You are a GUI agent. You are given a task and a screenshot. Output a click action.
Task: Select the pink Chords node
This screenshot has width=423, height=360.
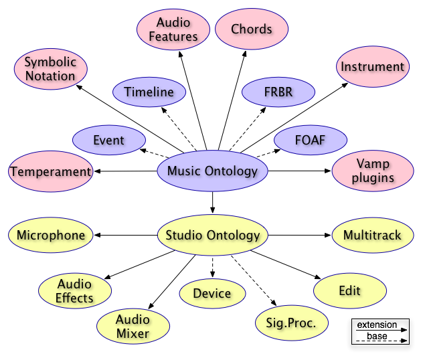click(x=252, y=29)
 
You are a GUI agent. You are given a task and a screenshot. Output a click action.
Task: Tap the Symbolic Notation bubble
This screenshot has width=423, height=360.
click(x=50, y=69)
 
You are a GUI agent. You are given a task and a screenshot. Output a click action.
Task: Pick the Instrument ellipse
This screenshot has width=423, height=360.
click(x=372, y=67)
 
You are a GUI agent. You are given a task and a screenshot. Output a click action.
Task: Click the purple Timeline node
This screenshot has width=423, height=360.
click(x=149, y=92)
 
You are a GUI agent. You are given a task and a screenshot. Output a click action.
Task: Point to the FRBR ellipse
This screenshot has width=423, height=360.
click(x=277, y=92)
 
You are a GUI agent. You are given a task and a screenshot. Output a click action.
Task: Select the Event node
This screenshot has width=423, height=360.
click(x=108, y=141)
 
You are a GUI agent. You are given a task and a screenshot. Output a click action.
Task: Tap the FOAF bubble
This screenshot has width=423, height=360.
click(x=310, y=141)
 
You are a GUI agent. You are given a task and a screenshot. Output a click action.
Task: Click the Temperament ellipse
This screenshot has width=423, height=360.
click(x=50, y=171)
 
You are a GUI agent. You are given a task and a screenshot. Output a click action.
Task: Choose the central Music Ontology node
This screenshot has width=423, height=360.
click(x=212, y=171)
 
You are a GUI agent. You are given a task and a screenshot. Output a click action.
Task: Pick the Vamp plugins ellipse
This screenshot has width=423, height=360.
click(x=372, y=171)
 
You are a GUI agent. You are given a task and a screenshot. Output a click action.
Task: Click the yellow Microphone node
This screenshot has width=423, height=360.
click(x=50, y=235)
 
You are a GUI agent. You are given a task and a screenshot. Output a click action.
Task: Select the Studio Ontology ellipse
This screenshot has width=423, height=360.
click(x=212, y=235)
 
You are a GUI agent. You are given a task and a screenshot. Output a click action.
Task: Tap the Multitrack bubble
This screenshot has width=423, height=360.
click(x=372, y=235)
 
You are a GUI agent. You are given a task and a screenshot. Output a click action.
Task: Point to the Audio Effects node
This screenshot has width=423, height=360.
click(x=74, y=291)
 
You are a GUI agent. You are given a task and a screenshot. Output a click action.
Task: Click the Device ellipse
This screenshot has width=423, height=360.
click(x=212, y=293)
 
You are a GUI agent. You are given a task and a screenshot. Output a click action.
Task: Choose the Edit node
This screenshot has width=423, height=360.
click(x=349, y=291)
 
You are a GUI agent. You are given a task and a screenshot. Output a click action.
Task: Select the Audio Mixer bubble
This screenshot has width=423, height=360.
click(x=133, y=326)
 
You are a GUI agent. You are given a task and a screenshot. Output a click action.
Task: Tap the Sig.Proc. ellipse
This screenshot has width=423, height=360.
click(x=292, y=324)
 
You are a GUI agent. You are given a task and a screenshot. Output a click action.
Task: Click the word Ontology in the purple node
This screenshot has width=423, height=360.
click(x=232, y=171)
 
